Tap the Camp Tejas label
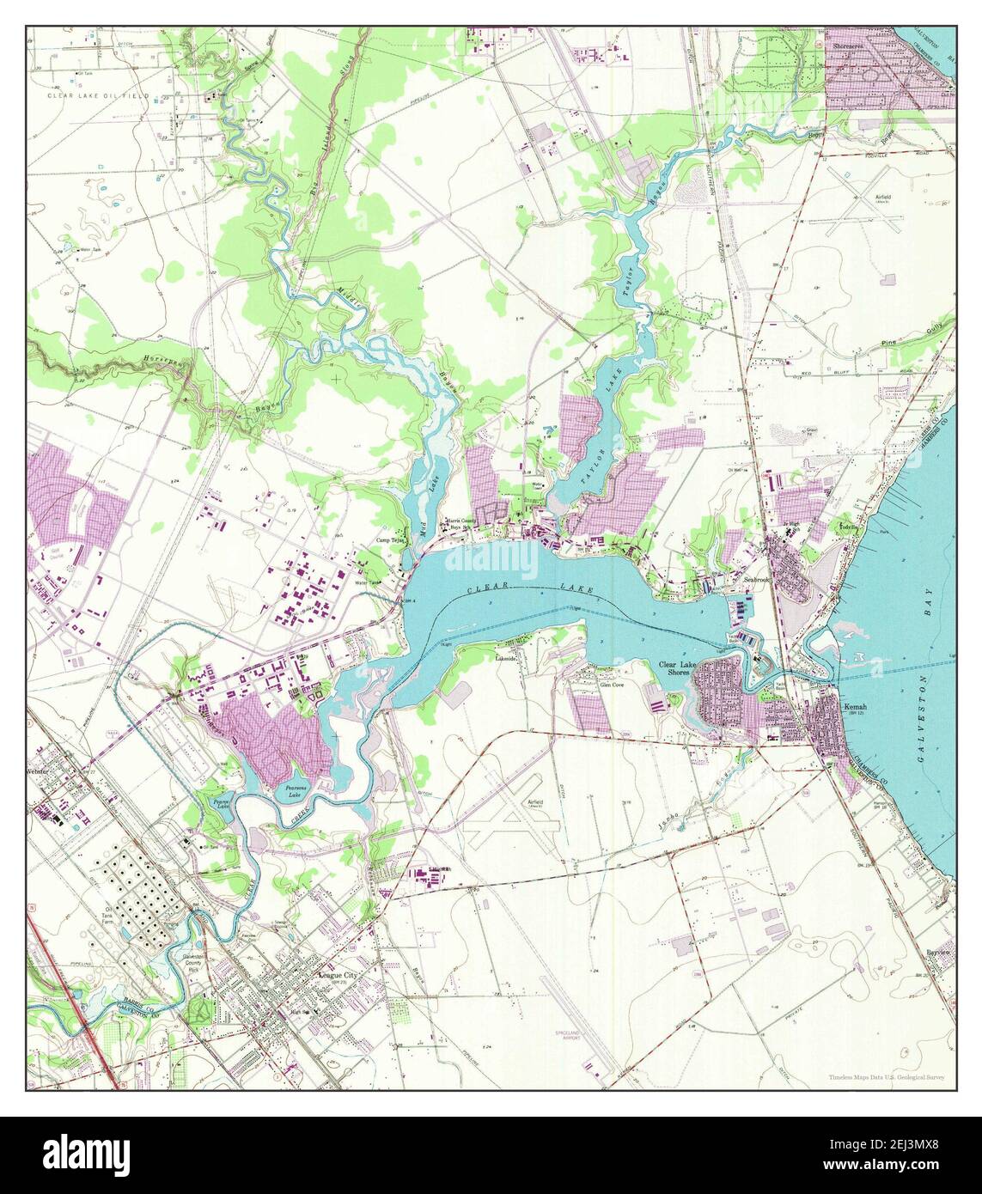392,540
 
